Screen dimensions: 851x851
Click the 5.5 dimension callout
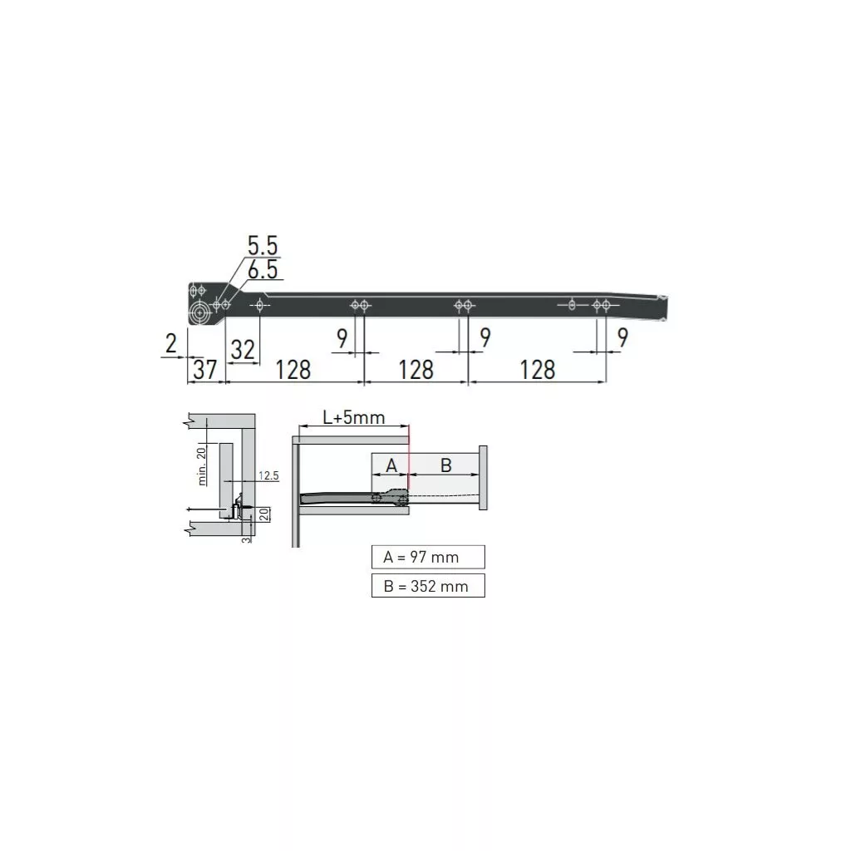[263, 245]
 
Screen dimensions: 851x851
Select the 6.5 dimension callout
[263, 270]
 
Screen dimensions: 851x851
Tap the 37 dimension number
[204, 370]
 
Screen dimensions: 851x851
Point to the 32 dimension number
[243, 350]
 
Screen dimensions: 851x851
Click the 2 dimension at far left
[171, 343]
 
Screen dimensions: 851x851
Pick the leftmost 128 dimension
[293, 370]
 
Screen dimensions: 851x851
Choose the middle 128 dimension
[416, 370]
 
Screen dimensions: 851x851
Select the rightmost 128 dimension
[538, 370]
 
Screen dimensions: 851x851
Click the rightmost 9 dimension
[622, 337]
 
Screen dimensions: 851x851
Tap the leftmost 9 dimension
[342, 339]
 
